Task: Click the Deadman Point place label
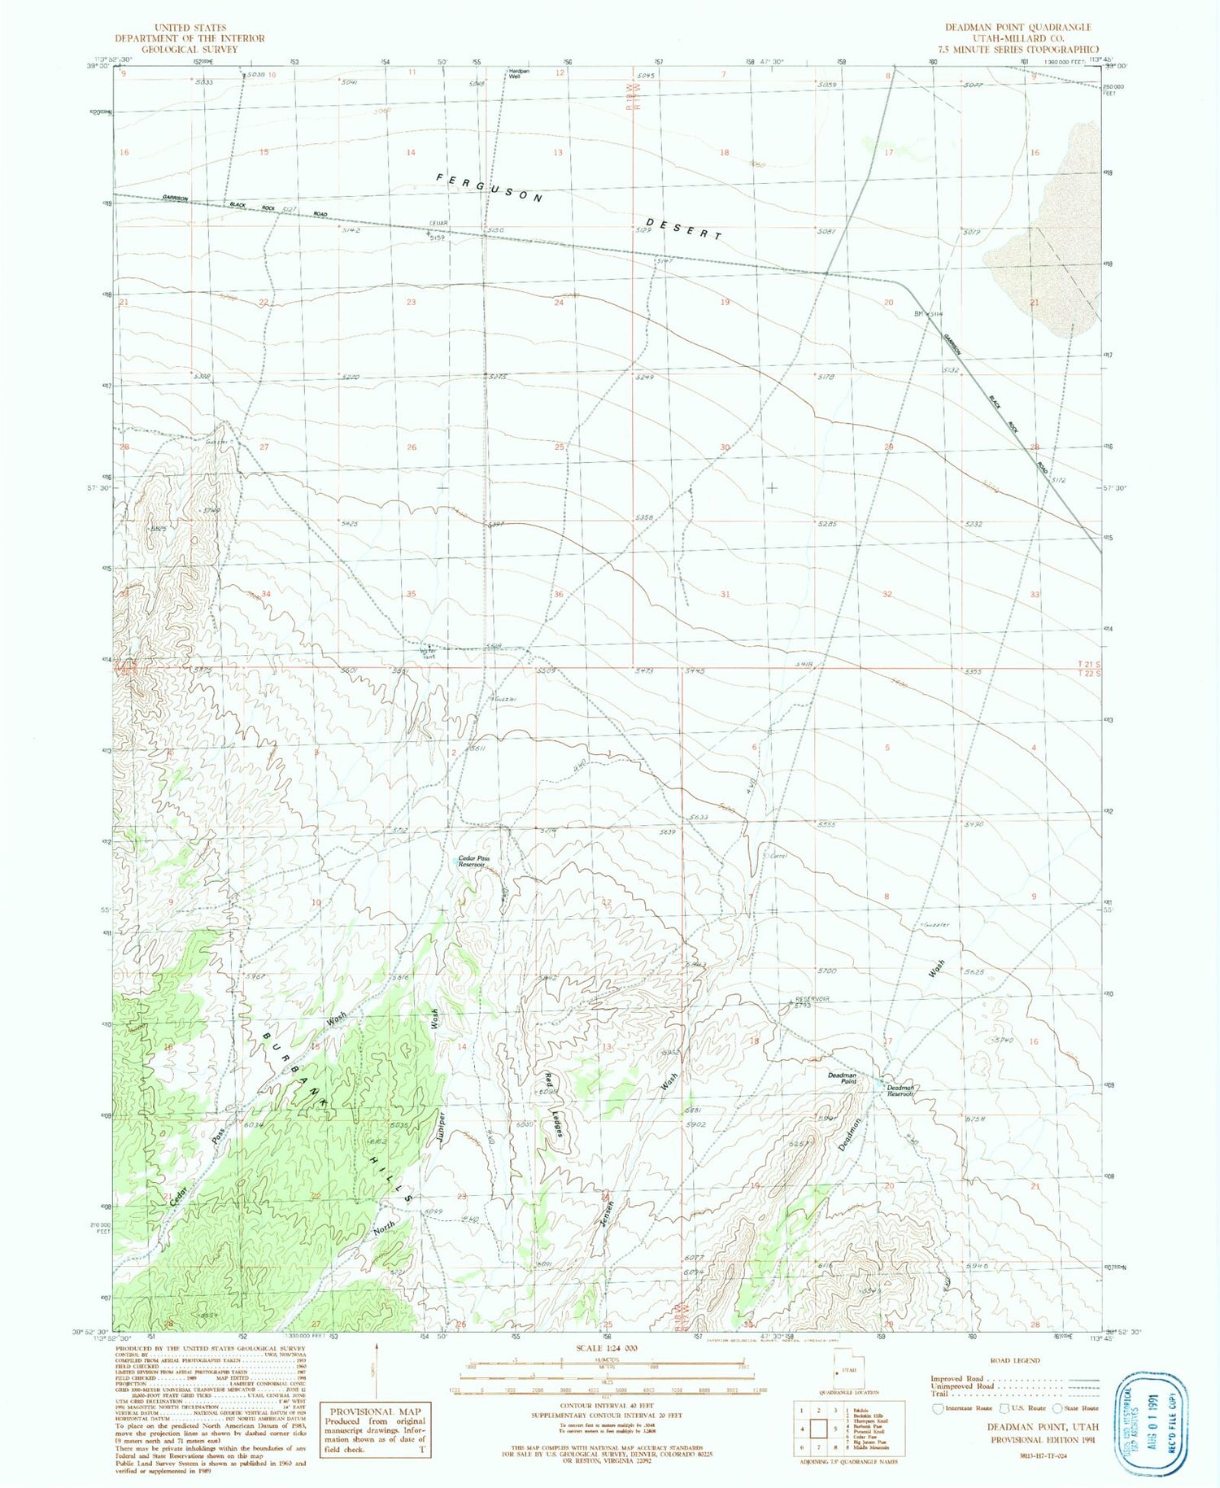click(843, 1078)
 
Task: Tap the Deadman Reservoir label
click(900, 1090)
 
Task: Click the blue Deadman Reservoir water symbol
click(882, 1082)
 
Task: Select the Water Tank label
click(429, 652)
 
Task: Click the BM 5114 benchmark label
click(928, 314)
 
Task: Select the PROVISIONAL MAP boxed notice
click(375, 1430)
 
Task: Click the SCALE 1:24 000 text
click(606, 1348)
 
